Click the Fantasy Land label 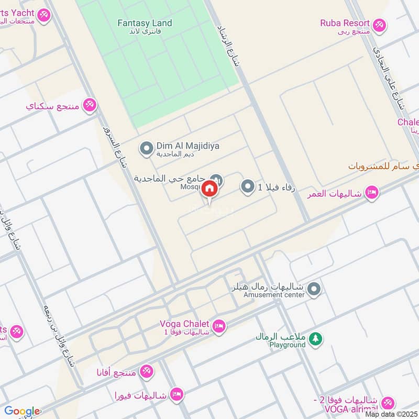[145, 23]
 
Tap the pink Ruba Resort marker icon [380, 24]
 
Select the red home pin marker [209, 189]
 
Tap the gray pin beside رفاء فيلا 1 [248, 186]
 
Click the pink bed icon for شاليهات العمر [372, 193]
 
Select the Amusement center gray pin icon [314, 289]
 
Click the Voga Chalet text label [184, 323]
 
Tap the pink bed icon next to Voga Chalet [219, 327]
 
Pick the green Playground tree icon [315, 339]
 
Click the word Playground [287, 345]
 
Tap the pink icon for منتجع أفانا [147, 372]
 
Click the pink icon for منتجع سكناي [90, 105]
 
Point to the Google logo [22, 411]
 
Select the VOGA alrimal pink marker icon [388, 402]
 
